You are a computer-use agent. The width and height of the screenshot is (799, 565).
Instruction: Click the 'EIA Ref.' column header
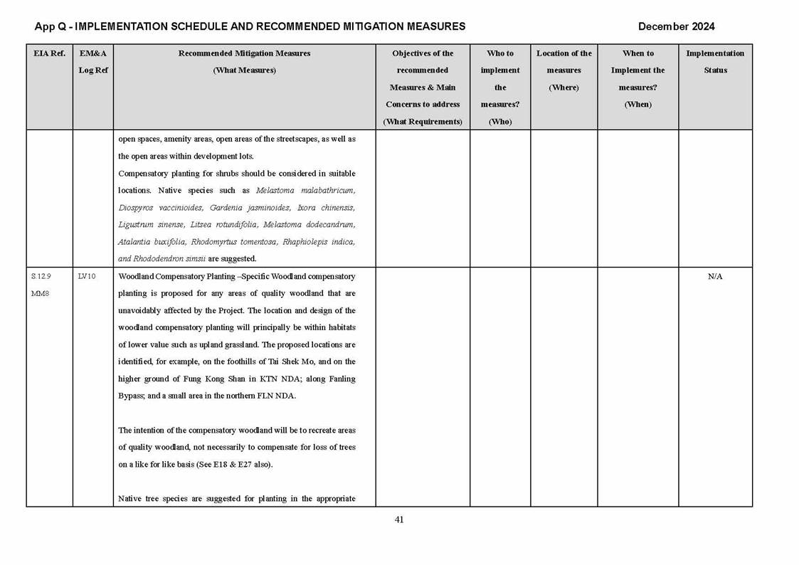tap(49, 53)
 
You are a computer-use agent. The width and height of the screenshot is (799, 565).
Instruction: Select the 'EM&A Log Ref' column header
tap(93, 62)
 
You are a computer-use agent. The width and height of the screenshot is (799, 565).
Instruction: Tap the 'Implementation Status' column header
tap(715, 62)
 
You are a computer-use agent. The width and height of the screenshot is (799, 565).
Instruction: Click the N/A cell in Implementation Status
tap(715, 277)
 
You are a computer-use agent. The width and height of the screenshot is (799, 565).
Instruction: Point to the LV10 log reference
tap(87, 277)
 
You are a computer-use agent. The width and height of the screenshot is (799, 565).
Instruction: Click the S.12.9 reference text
tap(41, 277)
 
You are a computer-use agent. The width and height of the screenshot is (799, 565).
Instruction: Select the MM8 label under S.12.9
tap(39, 294)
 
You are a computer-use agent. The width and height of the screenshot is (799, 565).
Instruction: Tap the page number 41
tap(399, 519)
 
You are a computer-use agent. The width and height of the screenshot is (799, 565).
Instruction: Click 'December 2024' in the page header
tap(676, 26)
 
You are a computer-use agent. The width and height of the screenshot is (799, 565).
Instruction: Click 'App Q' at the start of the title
tap(50, 26)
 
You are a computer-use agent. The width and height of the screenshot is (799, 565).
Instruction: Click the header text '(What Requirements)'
tap(423, 122)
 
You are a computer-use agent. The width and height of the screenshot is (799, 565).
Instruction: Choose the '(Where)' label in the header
tap(563, 88)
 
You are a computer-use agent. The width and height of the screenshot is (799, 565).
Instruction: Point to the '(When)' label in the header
tap(637, 105)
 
